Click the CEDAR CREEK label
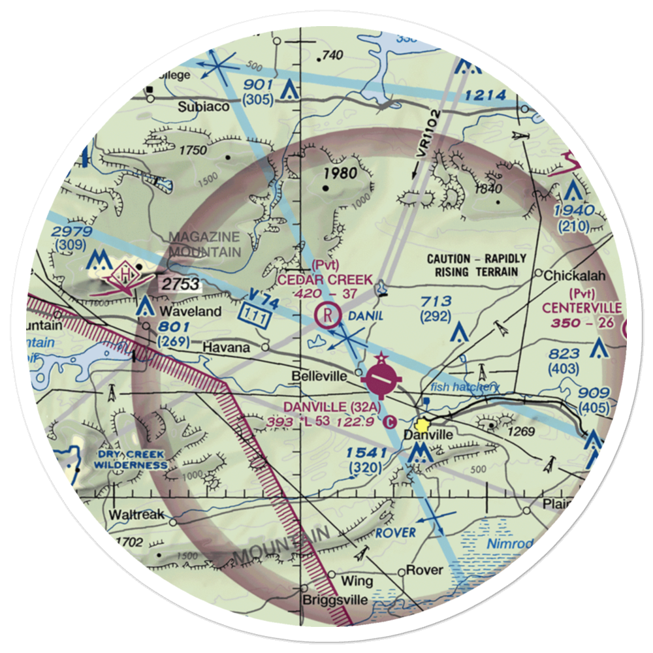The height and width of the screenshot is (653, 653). [x=325, y=279]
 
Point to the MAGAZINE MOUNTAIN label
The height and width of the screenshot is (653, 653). [x=205, y=244]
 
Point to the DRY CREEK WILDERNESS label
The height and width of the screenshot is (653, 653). [x=129, y=460]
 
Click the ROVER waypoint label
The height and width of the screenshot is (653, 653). [x=396, y=533]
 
